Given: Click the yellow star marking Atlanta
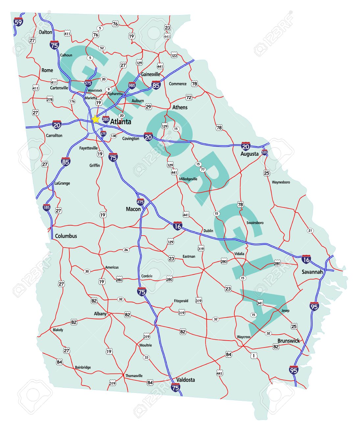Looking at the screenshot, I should [x=95, y=119].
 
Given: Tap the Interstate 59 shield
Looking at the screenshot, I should [x=19, y=22].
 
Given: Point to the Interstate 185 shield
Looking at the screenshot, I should [x=47, y=207].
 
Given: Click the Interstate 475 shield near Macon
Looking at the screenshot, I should [x=140, y=202].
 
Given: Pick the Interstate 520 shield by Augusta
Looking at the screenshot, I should [x=264, y=152].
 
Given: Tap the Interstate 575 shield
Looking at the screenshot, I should [x=88, y=83].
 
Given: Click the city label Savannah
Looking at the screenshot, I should [x=312, y=272].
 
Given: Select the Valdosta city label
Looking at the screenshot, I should [x=185, y=380].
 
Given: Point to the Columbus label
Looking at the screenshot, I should [x=66, y=236].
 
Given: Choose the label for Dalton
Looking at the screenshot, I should [x=45, y=32].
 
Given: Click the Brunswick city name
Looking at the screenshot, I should [x=288, y=341].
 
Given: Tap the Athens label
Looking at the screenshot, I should [x=180, y=107].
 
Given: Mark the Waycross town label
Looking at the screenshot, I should [x=244, y=337].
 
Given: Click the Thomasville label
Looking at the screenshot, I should [x=134, y=375].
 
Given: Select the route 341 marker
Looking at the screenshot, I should [x=260, y=303].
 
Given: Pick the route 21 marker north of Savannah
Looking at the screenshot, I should [x=310, y=231].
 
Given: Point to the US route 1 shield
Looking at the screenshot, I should [x=253, y=355].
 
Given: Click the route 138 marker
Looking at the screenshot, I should [x=113, y=136].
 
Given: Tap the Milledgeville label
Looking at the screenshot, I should [x=188, y=179].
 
